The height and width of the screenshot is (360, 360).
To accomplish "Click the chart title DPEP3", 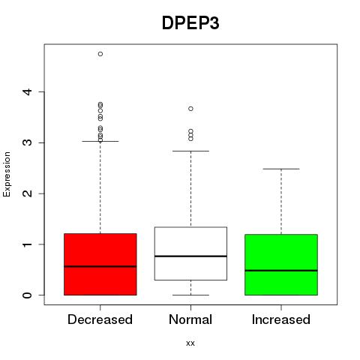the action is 190,23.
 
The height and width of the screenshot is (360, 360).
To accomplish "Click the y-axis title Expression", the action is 7,174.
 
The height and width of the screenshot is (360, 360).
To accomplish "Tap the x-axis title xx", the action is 190,343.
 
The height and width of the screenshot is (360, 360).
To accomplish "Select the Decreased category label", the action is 100,319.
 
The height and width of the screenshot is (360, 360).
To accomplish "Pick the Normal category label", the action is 190,319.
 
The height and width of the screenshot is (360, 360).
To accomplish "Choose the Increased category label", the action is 281,319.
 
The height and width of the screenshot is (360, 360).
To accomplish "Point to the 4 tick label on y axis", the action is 28,91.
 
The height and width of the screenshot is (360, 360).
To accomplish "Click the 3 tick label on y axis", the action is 28,142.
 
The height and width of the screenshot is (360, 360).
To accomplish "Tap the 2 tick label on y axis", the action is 28,193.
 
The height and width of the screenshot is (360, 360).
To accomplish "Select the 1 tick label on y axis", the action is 28,244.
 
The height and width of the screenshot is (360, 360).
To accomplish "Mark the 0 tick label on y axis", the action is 28,295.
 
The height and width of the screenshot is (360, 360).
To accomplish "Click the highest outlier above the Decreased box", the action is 100,54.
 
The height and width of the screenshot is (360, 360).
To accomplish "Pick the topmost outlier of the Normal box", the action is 191,109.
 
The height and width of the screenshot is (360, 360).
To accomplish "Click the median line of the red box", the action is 100,266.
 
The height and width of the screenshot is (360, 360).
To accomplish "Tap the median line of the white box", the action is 190,256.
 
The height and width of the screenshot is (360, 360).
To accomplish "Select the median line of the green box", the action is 281,271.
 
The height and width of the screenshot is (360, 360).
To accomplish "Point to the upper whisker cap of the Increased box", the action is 281,169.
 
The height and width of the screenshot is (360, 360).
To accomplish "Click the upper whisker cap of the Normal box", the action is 190,151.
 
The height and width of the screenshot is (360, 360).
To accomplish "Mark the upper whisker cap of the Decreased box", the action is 100,141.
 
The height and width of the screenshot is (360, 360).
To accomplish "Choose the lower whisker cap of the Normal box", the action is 190,295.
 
